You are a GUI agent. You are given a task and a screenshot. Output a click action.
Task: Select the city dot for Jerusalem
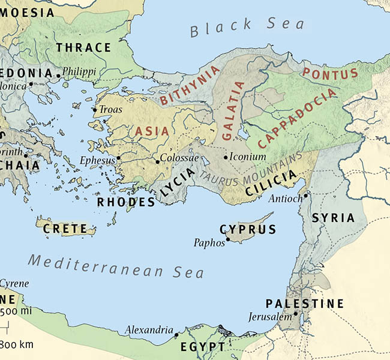[x=296, y=314]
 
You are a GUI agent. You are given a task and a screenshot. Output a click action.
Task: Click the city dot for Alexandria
[x=176, y=334]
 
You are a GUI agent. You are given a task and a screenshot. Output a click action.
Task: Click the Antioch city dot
[x=305, y=195]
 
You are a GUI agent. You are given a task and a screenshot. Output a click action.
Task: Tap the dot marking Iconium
[x=226, y=157]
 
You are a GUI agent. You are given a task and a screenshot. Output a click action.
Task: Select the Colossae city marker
[x=157, y=161]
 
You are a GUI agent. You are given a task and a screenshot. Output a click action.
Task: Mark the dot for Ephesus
[x=119, y=158]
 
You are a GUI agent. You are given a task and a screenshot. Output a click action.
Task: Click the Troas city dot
[x=94, y=110]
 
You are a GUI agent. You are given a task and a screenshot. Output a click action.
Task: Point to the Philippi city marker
[x=58, y=75]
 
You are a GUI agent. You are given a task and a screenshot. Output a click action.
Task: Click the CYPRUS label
[x=248, y=229]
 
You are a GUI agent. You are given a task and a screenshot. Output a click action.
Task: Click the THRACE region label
[x=83, y=47]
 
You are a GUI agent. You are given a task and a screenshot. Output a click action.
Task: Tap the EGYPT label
[x=202, y=347]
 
